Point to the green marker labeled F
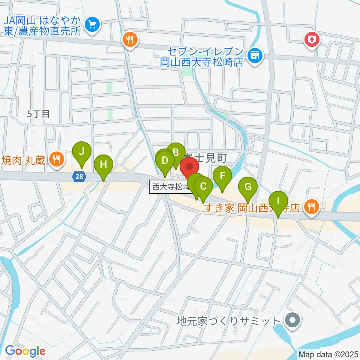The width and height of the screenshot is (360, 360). (x=223, y=175)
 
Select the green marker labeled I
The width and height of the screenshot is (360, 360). (x=278, y=201)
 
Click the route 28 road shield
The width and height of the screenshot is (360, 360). (x=78, y=176)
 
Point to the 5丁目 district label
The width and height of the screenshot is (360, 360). (x=39, y=114)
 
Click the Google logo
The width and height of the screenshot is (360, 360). (x=25, y=351)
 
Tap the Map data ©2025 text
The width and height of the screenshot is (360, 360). (x=328, y=354)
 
